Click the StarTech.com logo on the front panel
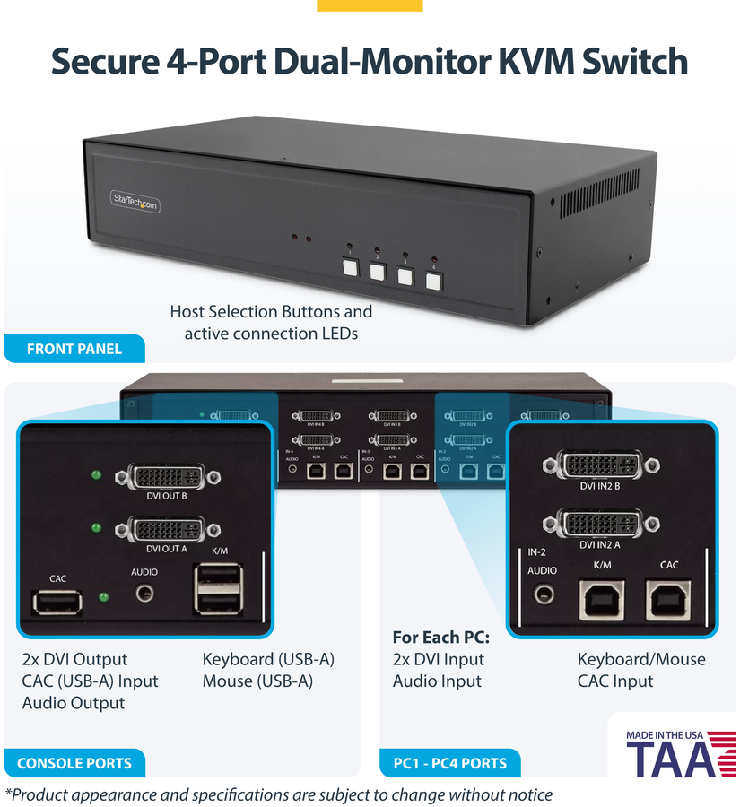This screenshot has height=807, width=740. (x=135, y=203)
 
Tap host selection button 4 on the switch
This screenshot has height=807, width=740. (x=434, y=280)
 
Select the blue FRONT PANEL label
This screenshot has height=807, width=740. (x=74, y=349)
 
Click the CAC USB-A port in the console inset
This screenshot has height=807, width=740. (x=58, y=602)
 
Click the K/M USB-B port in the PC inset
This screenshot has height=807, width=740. (x=603, y=600)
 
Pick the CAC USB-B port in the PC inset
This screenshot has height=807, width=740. (x=668, y=600)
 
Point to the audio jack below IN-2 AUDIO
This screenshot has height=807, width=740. (x=542, y=593)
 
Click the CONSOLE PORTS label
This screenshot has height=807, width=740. (x=74, y=763)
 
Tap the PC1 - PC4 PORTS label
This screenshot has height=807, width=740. (x=449, y=763)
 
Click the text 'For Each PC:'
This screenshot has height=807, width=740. (x=440, y=638)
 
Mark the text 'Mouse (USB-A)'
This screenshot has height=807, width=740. (x=257, y=681)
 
